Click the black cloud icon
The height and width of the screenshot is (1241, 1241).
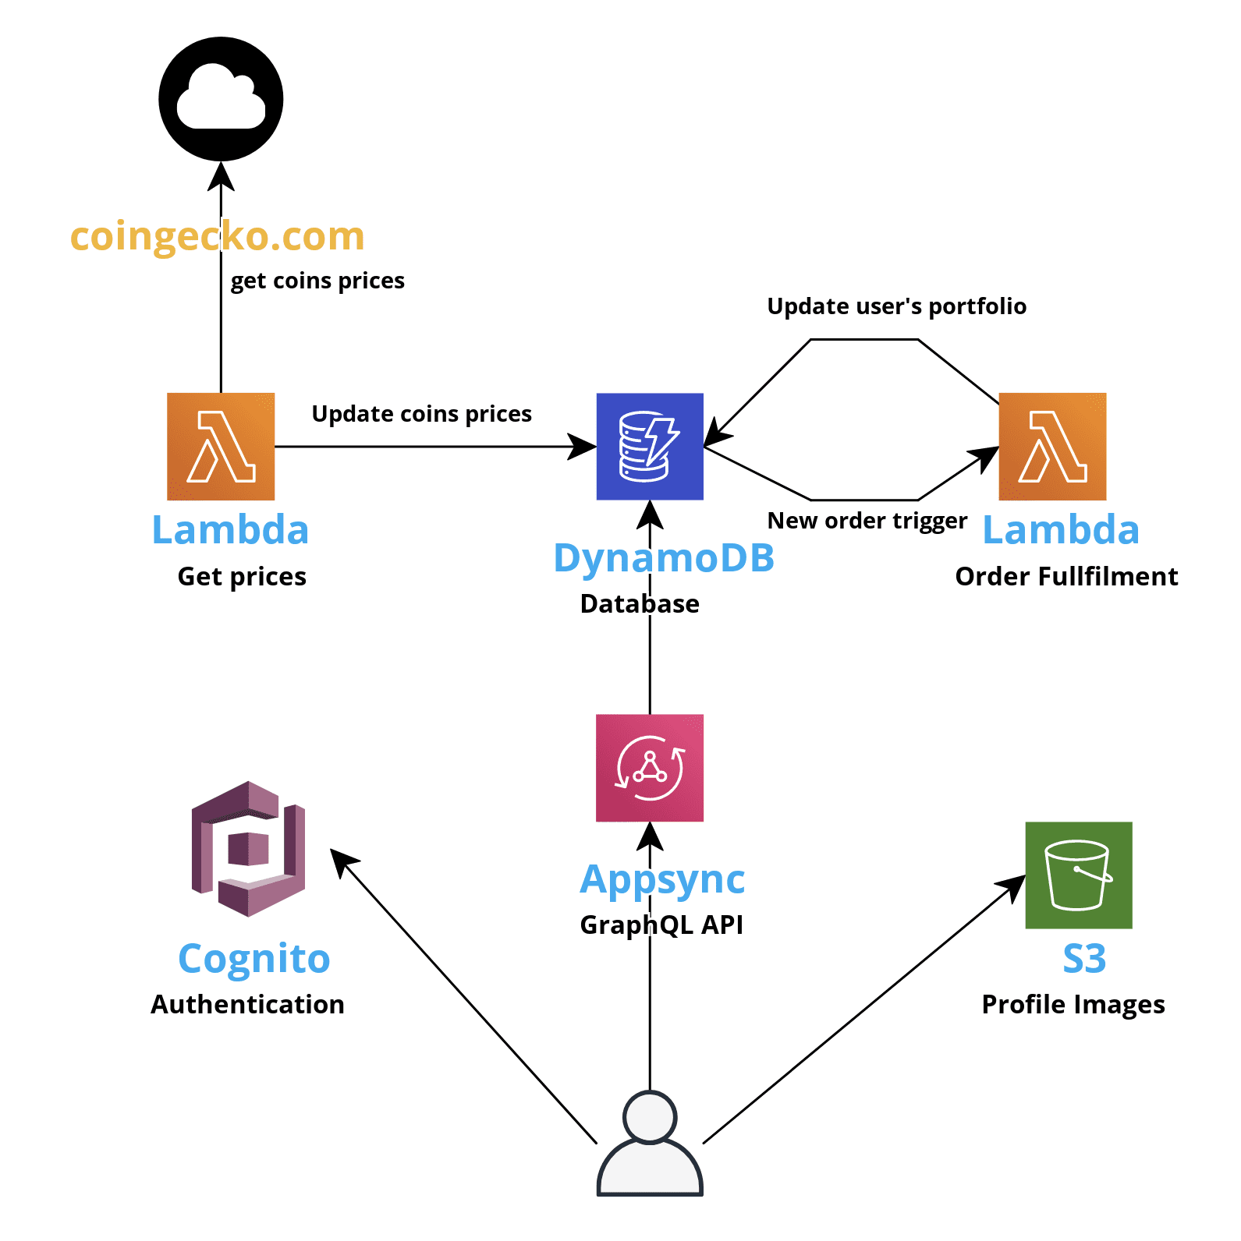click(221, 99)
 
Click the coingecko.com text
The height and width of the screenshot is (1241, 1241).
click(217, 235)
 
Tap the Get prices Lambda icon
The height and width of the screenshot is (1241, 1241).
click(221, 447)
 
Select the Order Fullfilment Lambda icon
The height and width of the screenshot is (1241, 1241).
click(1052, 447)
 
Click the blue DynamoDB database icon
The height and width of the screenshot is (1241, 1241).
click(650, 447)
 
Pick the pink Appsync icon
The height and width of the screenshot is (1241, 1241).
click(650, 768)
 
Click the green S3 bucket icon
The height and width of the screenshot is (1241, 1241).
click(1078, 875)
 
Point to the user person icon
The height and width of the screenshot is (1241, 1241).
click(650, 1144)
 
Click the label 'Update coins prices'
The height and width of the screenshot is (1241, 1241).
click(421, 414)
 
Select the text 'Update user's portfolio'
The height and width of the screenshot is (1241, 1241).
click(896, 306)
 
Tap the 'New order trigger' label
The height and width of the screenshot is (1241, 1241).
click(867, 521)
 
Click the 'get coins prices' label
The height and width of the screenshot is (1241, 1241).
click(317, 281)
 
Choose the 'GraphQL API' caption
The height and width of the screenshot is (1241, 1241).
click(661, 925)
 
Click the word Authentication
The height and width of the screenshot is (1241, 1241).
click(247, 1004)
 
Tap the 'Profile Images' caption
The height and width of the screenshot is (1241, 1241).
click(1073, 1004)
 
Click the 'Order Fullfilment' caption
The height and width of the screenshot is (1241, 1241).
click(1066, 577)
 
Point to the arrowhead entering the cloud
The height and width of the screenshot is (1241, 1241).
click(221, 175)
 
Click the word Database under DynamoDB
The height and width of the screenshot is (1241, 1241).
click(640, 604)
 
